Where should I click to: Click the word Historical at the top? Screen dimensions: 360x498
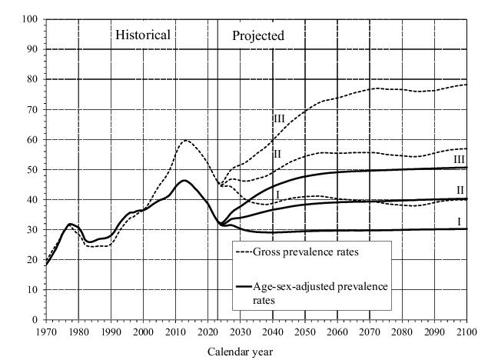click(x=143, y=35)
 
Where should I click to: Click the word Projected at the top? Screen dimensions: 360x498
click(x=258, y=35)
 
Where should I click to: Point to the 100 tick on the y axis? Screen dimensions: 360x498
click(x=29, y=19)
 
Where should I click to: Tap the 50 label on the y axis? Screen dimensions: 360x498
click(x=32, y=169)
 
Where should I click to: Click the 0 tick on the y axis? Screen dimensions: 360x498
click(x=35, y=319)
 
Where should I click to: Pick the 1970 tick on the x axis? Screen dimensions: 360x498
click(x=46, y=331)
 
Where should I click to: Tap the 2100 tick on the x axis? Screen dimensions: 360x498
click(x=466, y=331)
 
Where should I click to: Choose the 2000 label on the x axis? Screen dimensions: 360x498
click(x=144, y=331)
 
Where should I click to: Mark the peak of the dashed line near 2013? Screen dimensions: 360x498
click(x=185, y=140)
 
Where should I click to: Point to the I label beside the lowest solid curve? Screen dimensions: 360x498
click(x=458, y=222)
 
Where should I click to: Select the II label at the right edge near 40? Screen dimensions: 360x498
click(x=460, y=190)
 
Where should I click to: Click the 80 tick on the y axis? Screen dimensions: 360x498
click(x=32, y=79)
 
